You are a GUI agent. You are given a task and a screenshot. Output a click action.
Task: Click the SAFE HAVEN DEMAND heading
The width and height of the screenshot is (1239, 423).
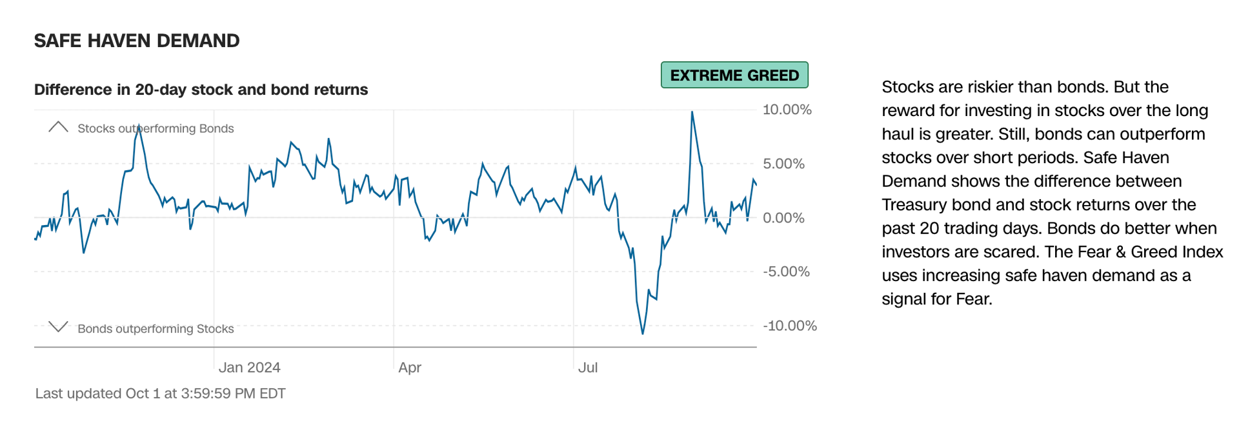pos(137,41)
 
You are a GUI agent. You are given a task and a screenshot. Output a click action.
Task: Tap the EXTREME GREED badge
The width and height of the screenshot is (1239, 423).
pos(734,75)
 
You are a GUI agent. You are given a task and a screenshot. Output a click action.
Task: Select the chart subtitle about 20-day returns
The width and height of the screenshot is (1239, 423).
pos(201,90)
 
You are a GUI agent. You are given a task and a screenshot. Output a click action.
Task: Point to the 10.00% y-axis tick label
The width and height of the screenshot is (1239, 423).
pos(787,110)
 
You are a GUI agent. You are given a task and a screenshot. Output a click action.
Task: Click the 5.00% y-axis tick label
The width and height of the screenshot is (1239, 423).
pos(783,164)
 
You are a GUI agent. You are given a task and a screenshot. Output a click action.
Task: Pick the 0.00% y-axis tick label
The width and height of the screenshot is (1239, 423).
pos(783,218)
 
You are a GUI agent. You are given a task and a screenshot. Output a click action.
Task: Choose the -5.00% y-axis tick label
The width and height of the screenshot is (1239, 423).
pos(786,271)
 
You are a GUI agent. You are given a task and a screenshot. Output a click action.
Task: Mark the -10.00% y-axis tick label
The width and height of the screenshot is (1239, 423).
pos(790,326)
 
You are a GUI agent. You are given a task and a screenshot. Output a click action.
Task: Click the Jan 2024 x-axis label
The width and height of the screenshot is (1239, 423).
pos(249,368)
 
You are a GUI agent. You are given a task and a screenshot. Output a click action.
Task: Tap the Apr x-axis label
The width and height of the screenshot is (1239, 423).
pos(410,368)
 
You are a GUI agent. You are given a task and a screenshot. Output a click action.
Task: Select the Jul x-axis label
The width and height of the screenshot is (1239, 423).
pos(588,368)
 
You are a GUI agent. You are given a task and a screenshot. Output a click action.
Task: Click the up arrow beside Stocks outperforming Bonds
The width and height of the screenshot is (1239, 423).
pos(58,126)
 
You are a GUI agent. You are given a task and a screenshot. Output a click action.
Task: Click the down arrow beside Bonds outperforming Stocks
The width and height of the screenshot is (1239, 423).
pos(58,327)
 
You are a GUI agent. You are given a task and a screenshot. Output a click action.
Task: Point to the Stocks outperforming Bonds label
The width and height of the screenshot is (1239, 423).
pos(156,128)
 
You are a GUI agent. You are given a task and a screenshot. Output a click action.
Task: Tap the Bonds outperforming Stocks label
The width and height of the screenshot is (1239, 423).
pos(156,329)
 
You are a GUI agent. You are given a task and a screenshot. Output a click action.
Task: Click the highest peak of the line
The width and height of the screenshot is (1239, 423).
pos(692,112)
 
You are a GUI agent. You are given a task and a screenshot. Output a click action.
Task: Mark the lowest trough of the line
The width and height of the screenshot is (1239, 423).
pos(643,333)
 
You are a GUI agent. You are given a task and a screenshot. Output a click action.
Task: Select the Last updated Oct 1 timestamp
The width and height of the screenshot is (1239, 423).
pos(160,393)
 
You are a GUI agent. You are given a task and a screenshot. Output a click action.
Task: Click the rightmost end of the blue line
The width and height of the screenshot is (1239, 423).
pos(756,186)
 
